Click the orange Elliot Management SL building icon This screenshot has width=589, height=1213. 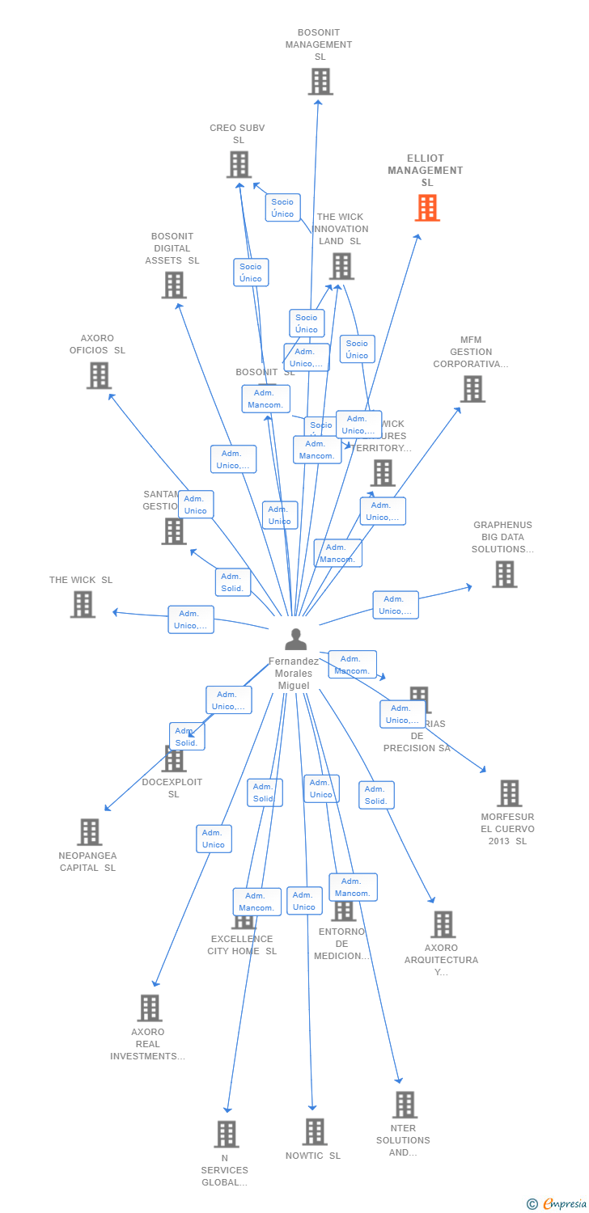click(x=427, y=208)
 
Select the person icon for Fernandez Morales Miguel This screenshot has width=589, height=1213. click(x=296, y=639)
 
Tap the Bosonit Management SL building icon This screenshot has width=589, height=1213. click(x=320, y=82)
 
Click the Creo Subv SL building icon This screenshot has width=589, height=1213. click(x=239, y=165)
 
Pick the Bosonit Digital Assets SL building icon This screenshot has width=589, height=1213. click(x=174, y=285)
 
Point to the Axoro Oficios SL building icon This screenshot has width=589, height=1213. click(x=99, y=375)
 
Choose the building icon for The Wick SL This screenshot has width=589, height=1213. click(x=83, y=604)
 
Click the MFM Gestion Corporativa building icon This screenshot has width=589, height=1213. click(x=472, y=389)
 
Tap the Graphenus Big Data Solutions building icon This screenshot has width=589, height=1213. click(x=504, y=574)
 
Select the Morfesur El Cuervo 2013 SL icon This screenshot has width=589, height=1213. click(x=509, y=793)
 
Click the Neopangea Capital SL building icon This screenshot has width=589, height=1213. click(x=89, y=832)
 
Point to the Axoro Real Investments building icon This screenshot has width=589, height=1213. click(x=150, y=1008)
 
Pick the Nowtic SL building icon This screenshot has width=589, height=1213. click(x=315, y=1132)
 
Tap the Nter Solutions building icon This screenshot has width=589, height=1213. click(x=405, y=1105)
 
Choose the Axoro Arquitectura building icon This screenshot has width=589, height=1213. click(x=443, y=924)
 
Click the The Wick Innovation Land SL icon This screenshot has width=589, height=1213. click(x=341, y=266)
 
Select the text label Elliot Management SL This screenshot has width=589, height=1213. click(x=426, y=170)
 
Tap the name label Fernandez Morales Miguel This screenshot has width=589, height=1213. click(x=294, y=674)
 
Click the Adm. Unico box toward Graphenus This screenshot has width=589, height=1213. click(x=396, y=605)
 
